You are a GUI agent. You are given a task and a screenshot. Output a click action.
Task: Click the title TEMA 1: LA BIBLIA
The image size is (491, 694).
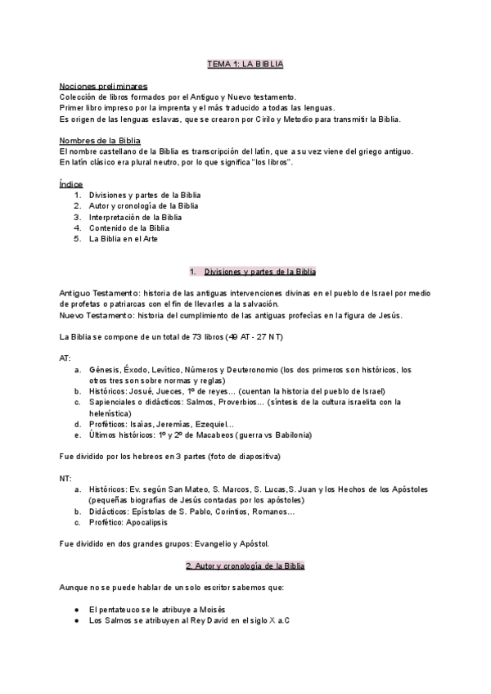pos(245,63)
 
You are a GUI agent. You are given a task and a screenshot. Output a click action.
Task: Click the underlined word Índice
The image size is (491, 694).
pos(71,184)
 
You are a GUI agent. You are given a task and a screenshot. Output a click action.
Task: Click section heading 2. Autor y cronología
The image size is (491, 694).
pos(245,566)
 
